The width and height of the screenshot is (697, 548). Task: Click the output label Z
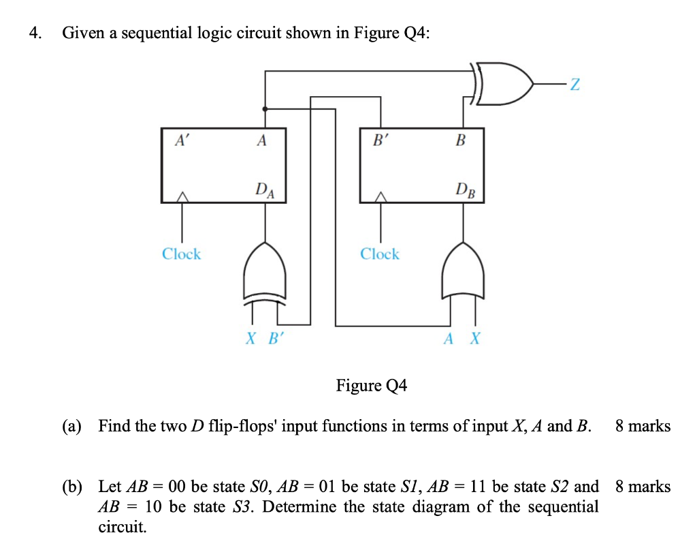coord(575,85)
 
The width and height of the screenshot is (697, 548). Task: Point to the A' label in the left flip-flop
coord(182,141)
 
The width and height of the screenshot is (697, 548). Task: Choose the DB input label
coord(464,189)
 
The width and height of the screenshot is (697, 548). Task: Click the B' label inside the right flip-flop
coord(380,141)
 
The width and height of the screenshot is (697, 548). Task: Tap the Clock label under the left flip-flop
coord(181,254)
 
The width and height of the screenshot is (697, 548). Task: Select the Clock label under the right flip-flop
coord(380,254)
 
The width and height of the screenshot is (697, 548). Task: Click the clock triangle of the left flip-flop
coord(181,197)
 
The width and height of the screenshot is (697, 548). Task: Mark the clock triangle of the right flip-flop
coord(380,197)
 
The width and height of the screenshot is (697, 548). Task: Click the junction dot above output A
coord(265,108)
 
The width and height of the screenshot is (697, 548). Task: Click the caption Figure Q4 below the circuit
coord(371,386)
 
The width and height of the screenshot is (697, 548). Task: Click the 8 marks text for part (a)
coord(642,427)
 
